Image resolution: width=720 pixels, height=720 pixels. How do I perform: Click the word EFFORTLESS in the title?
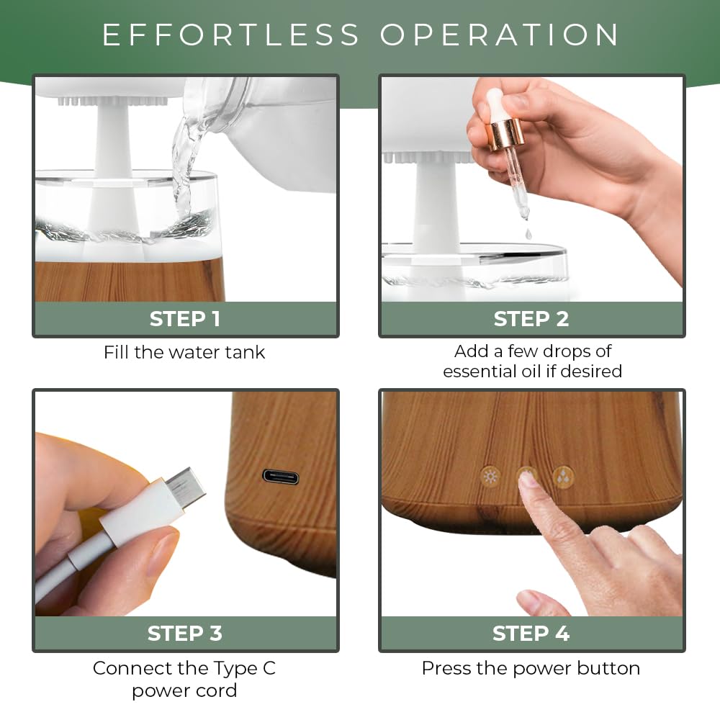click(x=230, y=35)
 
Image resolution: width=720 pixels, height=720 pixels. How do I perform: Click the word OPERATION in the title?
click(x=500, y=35)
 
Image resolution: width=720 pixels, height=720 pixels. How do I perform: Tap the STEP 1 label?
click(x=185, y=319)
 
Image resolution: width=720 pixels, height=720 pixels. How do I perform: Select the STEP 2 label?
click(x=531, y=319)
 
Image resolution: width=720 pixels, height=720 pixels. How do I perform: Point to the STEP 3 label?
click(x=185, y=633)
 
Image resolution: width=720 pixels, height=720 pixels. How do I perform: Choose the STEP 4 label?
click(x=531, y=633)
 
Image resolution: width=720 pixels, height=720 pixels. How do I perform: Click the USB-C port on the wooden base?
click(x=281, y=477)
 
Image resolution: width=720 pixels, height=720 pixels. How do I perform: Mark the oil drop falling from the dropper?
click(x=528, y=234)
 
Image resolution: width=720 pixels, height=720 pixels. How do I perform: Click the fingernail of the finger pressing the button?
click(x=528, y=479)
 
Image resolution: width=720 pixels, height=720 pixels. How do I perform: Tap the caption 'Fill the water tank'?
click(x=184, y=352)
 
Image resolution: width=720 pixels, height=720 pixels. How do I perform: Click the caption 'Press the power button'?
click(x=531, y=668)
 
